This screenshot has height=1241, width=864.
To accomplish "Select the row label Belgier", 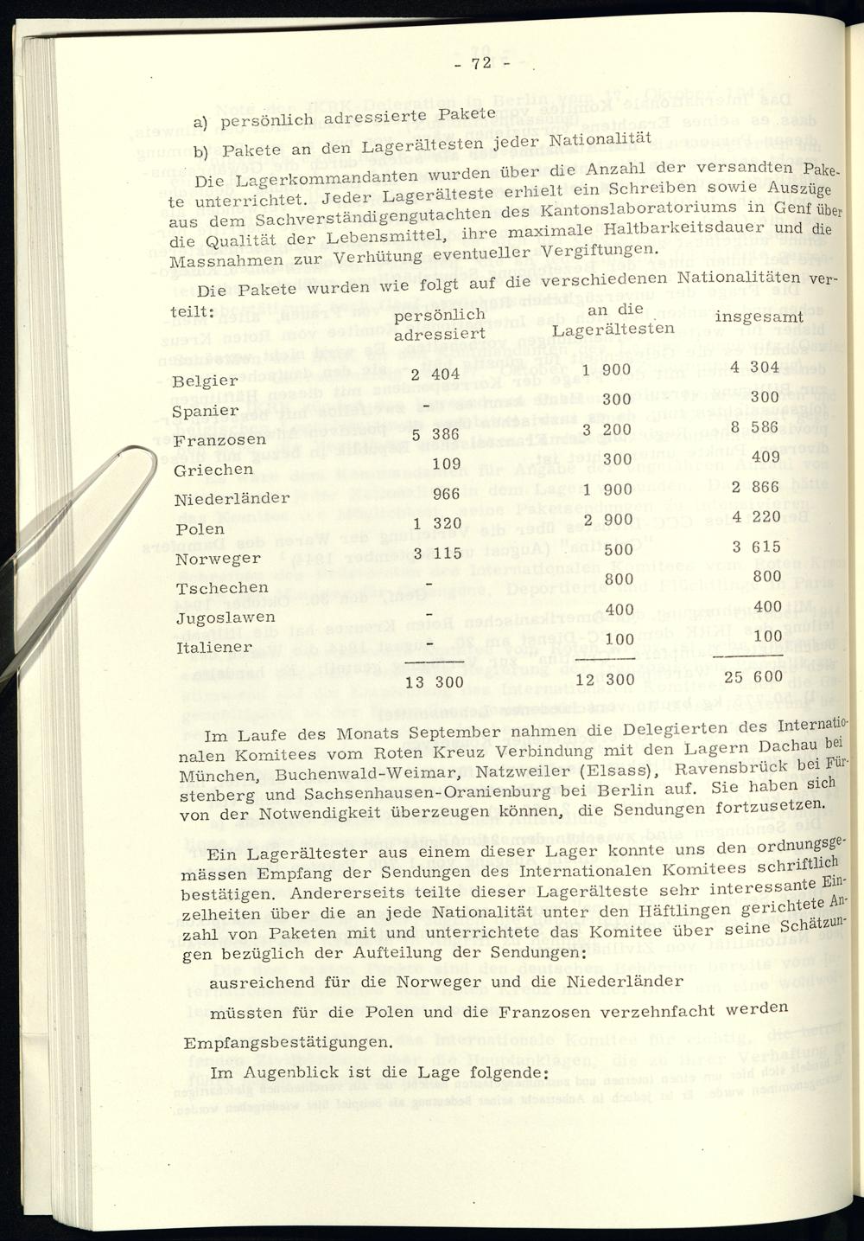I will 206,381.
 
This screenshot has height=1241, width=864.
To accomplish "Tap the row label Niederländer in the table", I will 232,499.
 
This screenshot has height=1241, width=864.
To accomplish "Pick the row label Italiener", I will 213,647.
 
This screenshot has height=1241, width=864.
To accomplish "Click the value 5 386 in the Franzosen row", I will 435,435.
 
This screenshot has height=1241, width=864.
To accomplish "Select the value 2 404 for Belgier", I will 435,374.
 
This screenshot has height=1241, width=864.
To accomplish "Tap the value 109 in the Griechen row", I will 446,464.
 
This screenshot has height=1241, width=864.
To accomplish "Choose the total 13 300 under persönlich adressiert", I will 435,682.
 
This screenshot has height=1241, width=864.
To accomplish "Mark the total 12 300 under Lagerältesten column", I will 605,680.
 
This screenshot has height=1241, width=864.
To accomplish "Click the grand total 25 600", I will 753,676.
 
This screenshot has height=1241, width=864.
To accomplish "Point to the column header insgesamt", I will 751,317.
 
